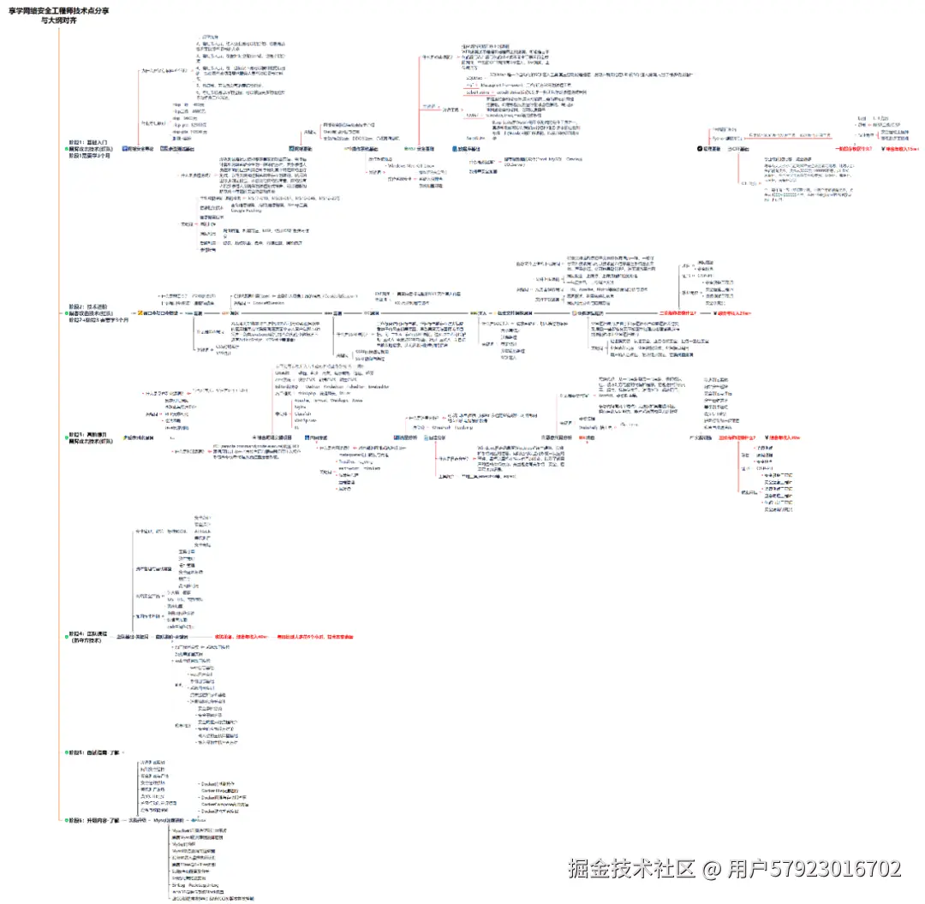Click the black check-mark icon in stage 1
(x=700, y=148)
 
